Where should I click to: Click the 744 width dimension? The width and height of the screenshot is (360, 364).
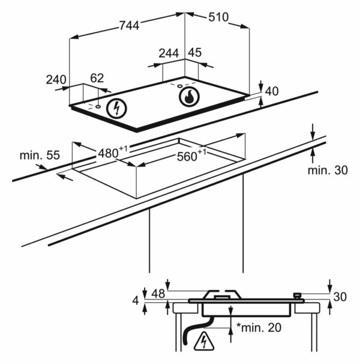[129, 25]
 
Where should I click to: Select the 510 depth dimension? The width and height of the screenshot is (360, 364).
[218, 17]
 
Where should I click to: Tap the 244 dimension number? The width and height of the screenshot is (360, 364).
[169, 53]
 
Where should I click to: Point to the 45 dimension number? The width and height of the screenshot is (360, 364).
[194, 53]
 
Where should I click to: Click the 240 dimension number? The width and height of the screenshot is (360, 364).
[56, 80]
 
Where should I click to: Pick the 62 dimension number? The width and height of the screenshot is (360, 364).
[97, 78]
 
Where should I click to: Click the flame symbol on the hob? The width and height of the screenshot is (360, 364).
[189, 97]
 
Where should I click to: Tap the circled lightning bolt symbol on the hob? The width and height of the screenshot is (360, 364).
[116, 109]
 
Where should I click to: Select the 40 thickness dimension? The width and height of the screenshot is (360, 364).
[272, 91]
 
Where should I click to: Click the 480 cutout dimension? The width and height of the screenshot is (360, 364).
[113, 153]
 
